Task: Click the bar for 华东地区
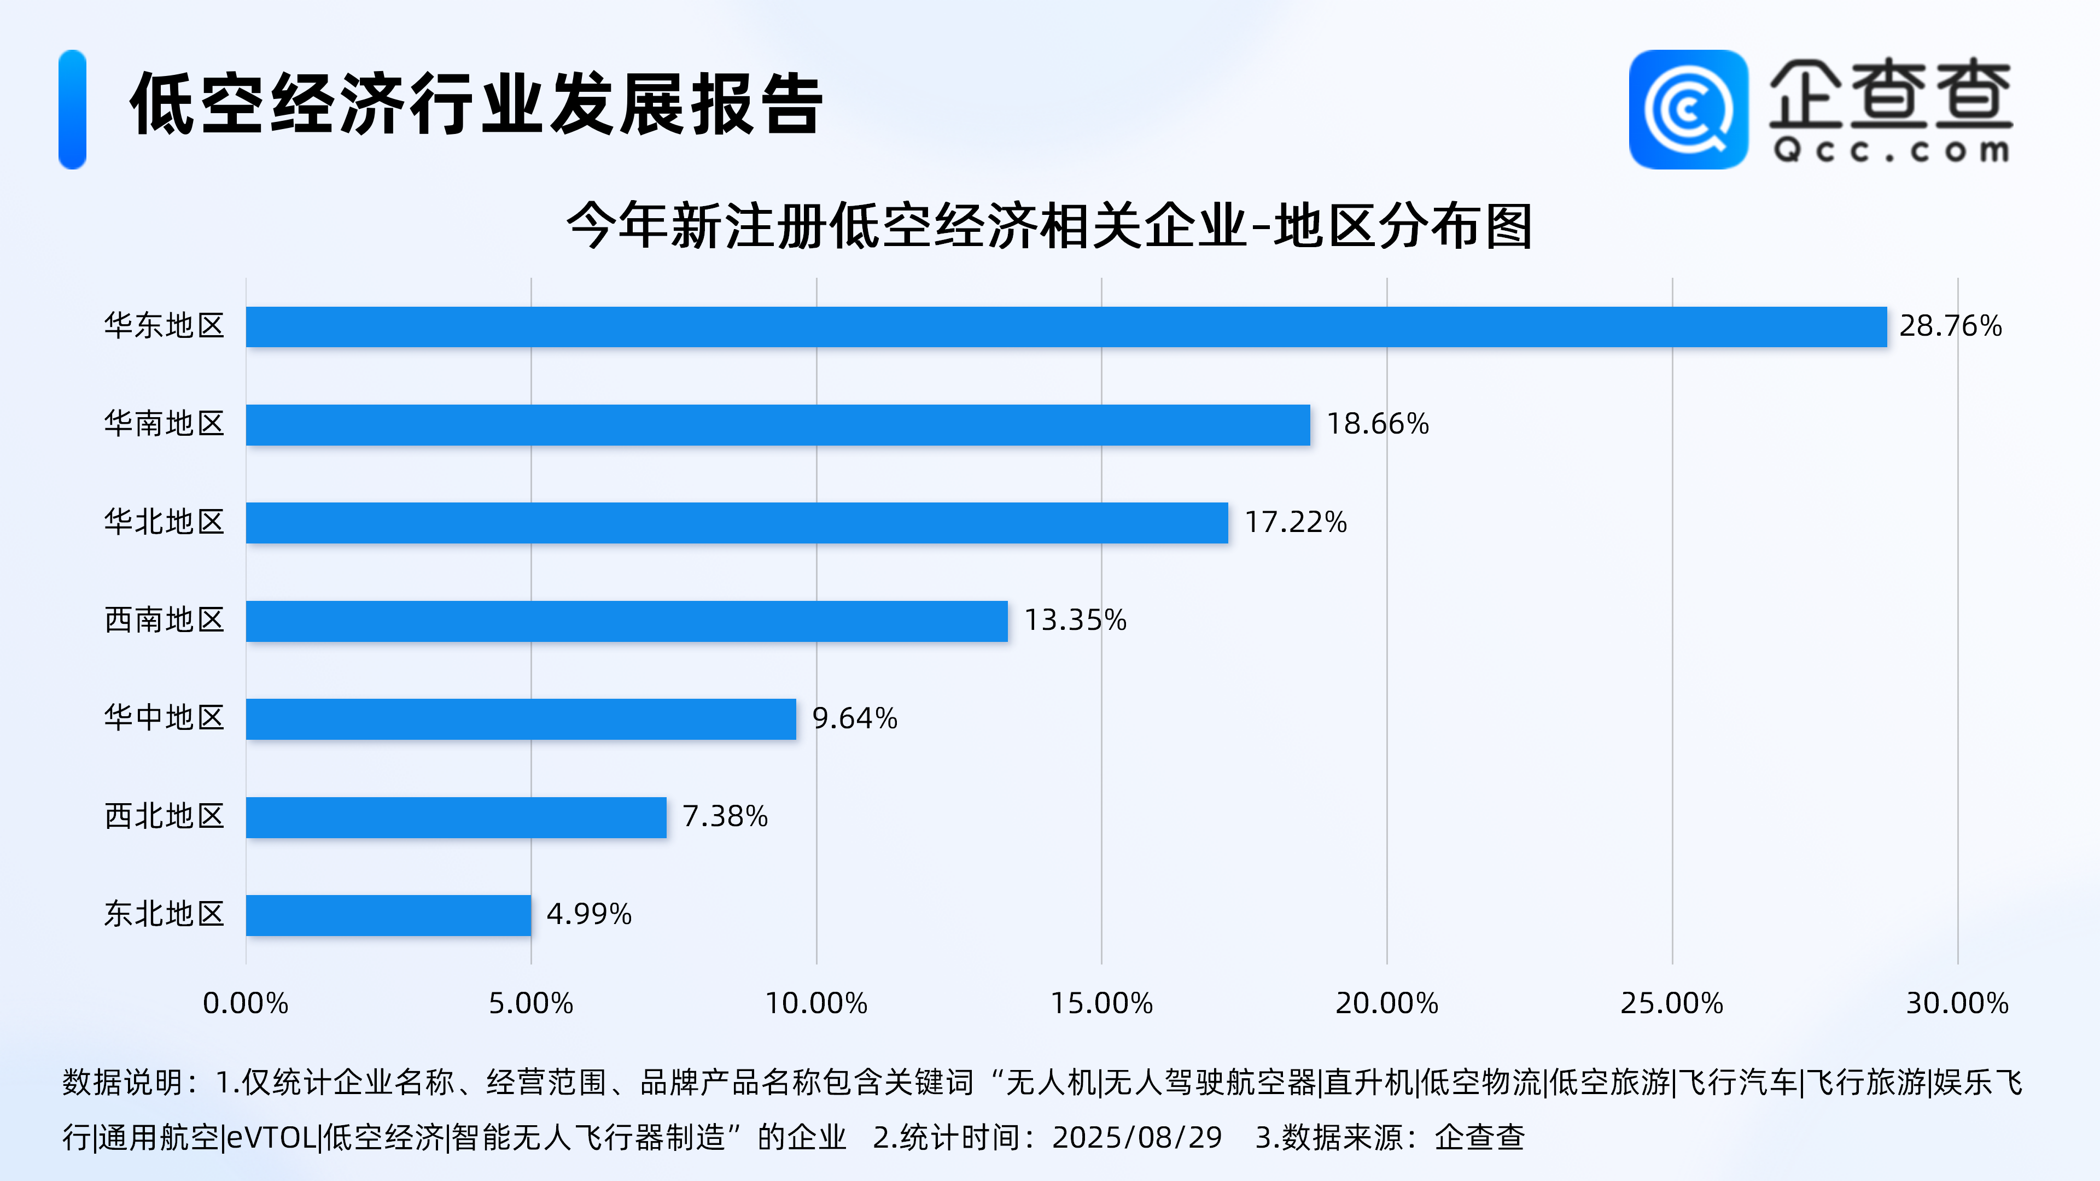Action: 1066,327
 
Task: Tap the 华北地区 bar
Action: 737,523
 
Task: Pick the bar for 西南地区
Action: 627,621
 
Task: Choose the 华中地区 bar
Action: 521,719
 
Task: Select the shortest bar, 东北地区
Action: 388,915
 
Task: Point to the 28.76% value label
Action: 1950,326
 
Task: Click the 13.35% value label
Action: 1075,620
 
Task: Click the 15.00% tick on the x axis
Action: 1101,1003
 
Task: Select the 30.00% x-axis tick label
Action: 1957,1003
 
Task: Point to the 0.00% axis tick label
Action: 246,1003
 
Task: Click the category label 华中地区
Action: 164,718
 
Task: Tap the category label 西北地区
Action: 164,816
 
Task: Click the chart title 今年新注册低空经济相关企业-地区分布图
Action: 1049,226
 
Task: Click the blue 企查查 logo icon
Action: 1688,109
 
